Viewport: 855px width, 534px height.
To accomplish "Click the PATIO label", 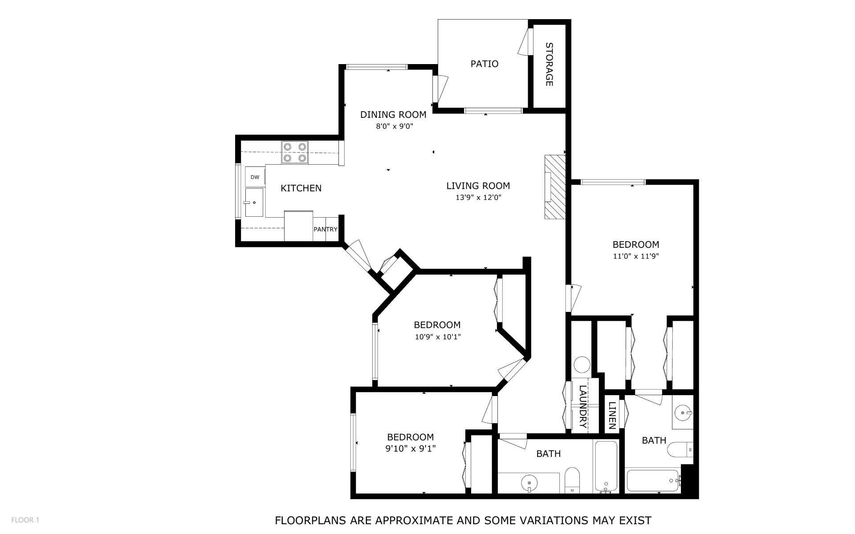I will (484, 64).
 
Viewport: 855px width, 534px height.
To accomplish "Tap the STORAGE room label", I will (549, 64).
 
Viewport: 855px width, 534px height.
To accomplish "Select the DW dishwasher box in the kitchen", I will (255, 177).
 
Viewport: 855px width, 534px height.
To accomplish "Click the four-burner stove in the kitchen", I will (294, 152).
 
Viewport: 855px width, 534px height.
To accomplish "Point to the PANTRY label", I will (326, 230).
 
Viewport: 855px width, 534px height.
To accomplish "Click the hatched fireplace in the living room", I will (555, 187).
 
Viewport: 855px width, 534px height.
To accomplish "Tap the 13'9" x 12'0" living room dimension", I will (478, 198).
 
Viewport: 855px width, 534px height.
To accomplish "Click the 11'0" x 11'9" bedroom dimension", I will (635, 256).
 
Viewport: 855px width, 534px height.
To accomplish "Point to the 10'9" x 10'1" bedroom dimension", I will (437, 337).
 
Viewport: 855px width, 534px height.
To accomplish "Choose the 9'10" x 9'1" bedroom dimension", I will (410, 449).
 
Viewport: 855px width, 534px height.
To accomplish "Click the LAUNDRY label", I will (582, 406).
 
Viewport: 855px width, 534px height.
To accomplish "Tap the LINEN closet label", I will (612, 415).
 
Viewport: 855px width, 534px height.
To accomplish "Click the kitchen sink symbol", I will (254, 202).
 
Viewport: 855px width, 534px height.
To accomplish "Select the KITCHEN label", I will (301, 188).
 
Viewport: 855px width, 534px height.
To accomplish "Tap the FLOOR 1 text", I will (25, 520).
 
